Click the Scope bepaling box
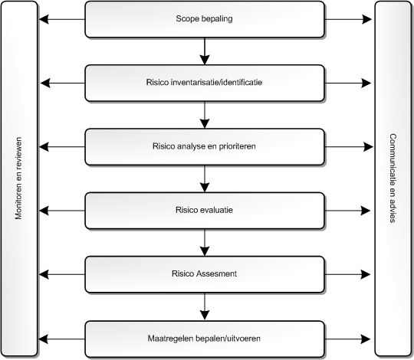(x=205, y=19)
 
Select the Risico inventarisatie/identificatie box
(x=205, y=83)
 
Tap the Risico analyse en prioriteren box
(x=205, y=147)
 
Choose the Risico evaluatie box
(x=205, y=211)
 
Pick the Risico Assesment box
(x=205, y=274)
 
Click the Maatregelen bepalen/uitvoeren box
(x=205, y=339)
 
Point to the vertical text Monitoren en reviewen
(x=18, y=178)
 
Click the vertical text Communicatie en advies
(x=393, y=178)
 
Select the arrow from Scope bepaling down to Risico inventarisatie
(x=205, y=51)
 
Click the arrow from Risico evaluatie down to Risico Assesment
(x=205, y=243)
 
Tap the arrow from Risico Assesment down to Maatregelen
(x=205, y=307)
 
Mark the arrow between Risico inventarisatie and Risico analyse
(x=205, y=115)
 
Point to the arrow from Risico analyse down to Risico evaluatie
(x=205, y=178)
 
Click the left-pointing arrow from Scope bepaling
(x=62, y=19)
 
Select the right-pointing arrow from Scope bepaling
(x=348, y=19)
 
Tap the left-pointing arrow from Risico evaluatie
(x=62, y=211)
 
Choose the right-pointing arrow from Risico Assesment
(x=347, y=274)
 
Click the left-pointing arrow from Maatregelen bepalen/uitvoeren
(x=62, y=339)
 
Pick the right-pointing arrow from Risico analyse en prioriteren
(x=349, y=147)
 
